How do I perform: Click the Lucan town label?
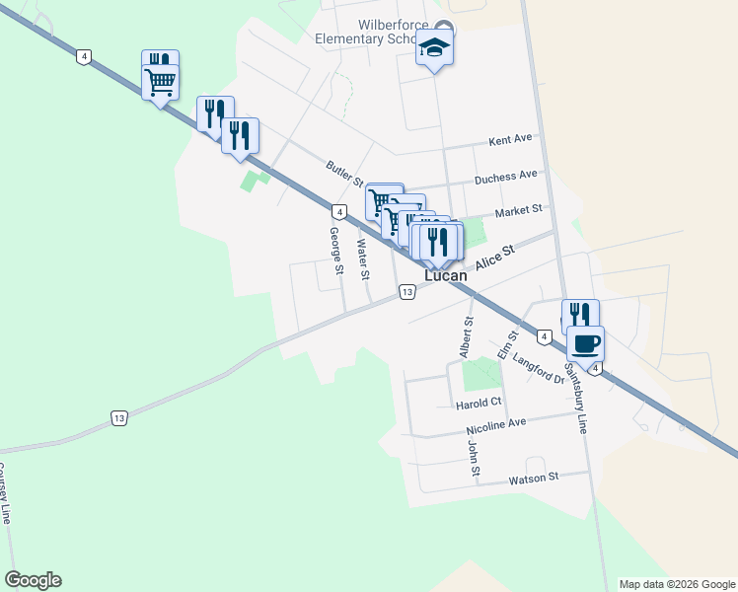pos(445,277)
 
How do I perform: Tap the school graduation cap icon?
pos(434,47)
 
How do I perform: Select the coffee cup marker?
pos(585,344)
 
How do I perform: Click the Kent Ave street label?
pos(510,138)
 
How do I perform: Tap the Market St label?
pos(519,210)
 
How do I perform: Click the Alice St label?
pos(495,259)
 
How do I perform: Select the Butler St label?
pos(346,173)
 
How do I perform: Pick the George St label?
pos(335,250)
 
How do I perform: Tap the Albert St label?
pos(466,336)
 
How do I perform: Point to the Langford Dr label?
pos(538,370)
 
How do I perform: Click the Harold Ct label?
pos(479,403)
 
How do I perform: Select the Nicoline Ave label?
pos(497,427)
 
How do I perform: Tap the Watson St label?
pos(534,478)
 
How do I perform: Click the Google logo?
pos(33,580)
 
